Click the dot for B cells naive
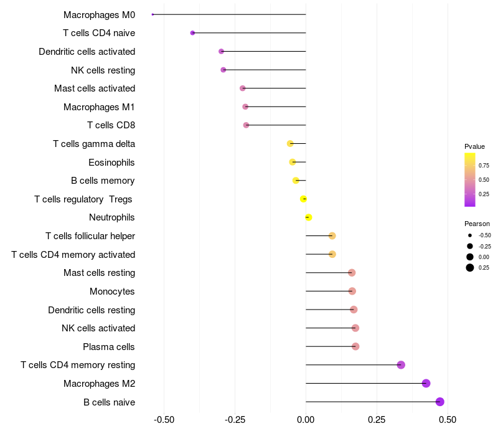click(x=440, y=402)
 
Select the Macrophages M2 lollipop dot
click(x=426, y=383)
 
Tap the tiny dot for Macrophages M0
click(x=153, y=14)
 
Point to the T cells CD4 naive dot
click(x=192, y=33)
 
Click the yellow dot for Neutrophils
click(x=308, y=217)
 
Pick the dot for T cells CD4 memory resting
click(x=401, y=365)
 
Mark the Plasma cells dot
click(x=355, y=346)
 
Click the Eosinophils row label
click(x=111, y=163)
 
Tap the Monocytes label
click(x=112, y=291)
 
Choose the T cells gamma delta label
click(x=94, y=144)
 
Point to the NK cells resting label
click(x=103, y=70)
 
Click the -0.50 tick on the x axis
click(x=164, y=420)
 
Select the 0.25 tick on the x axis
click(x=377, y=420)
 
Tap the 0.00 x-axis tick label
click(x=306, y=420)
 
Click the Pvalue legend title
click(x=474, y=146)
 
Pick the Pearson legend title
click(x=477, y=224)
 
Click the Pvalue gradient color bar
click(x=469, y=179)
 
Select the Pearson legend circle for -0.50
click(x=469, y=235)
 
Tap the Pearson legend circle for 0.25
click(x=469, y=268)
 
